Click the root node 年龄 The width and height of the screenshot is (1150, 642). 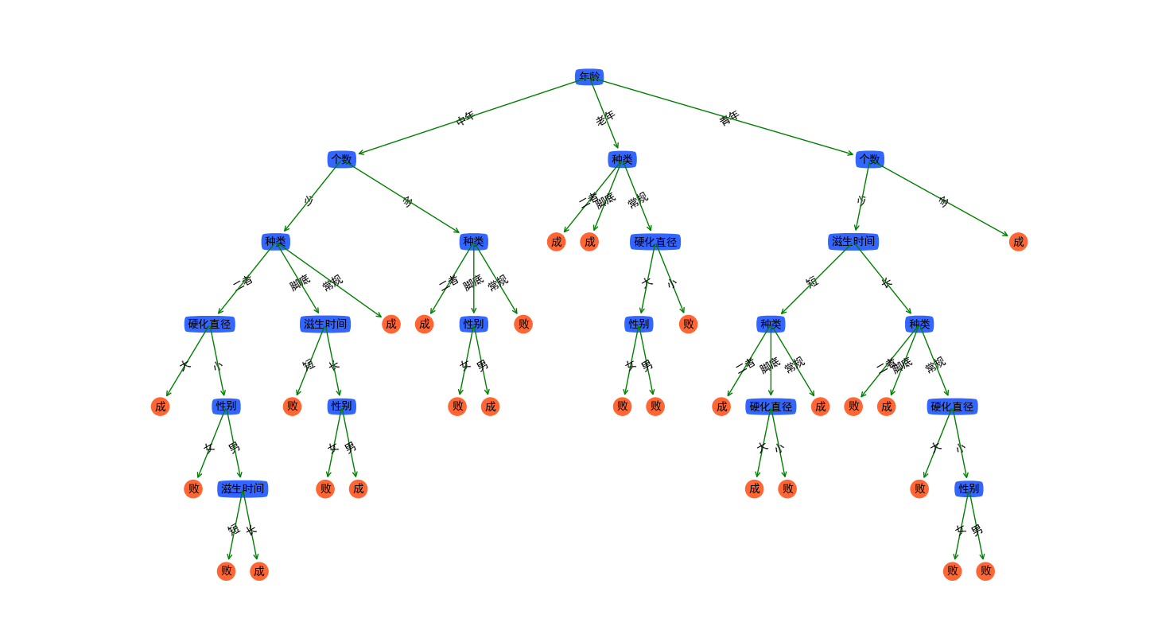point(589,77)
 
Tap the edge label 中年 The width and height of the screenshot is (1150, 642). point(465,118)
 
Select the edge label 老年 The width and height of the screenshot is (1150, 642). point(605,118)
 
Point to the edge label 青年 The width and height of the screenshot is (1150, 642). point(728,118)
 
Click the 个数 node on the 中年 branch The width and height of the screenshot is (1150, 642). point(341,159)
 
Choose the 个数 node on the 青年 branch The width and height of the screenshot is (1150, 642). point(869,159)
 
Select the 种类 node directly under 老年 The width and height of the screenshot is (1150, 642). point(622,159)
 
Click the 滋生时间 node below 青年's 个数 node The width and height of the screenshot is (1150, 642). point(853,242)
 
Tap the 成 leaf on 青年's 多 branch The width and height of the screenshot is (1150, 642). point(1018,242)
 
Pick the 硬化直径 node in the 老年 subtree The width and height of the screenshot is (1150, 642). point(655,242)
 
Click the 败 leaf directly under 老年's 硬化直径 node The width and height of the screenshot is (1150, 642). point(688,324)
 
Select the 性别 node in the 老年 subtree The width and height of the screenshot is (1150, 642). point(639,324)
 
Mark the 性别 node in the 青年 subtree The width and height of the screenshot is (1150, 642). point(969,488)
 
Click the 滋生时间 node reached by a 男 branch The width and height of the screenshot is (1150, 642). point(243,488)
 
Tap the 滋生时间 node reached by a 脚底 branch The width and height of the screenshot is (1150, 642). point(324,324)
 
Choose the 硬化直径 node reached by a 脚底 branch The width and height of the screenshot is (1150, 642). point(771,407)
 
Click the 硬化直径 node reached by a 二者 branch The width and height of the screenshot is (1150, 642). point(210,324)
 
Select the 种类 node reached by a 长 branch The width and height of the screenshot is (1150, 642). point(919,324)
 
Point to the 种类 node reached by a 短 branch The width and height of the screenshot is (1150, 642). point(771,324)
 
